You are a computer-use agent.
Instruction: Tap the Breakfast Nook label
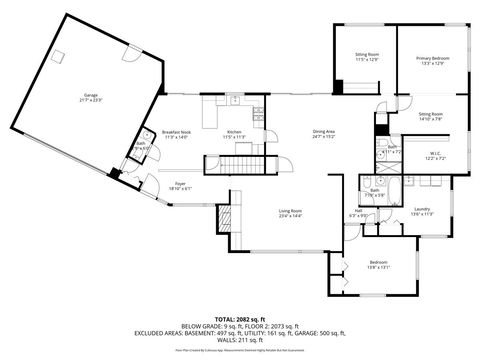(176, 133)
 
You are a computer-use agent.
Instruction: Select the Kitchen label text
(234, 133)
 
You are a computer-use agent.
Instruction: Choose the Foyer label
(181, 184)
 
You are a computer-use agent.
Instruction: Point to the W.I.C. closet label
(436, 155)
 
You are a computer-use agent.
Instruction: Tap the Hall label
(358, 211)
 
